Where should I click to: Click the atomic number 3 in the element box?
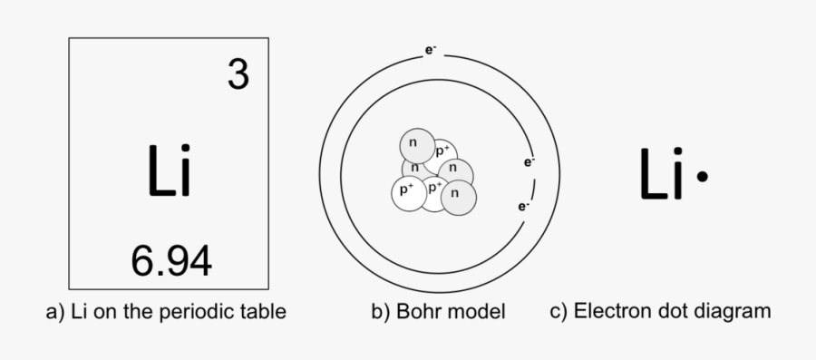point(238,75)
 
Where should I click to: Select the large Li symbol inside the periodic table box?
point(169,171)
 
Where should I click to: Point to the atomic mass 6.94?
point(171,261)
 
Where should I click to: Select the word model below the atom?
point(475,313)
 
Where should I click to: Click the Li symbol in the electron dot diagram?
point(661,175)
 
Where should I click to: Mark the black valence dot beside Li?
point(701,179)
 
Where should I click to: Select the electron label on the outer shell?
point(431,50)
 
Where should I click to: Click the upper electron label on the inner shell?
point(529,162)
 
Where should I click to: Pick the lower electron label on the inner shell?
point(524,206)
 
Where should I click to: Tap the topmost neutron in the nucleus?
point(414,143)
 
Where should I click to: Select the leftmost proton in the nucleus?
point(405,190)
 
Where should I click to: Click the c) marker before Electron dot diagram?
point(559,312)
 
